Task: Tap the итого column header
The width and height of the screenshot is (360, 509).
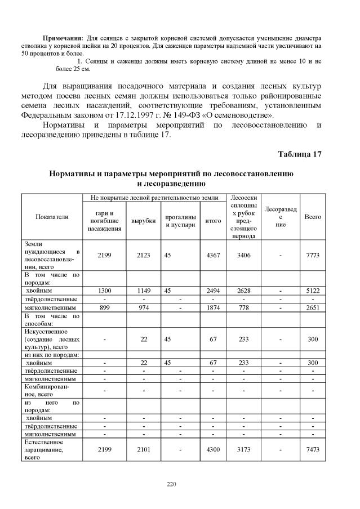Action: point(214,221)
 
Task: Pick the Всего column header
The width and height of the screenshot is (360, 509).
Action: point(313,217)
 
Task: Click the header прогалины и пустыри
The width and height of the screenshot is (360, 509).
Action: point(180,221)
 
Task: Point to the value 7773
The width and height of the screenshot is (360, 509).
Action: point(313,255)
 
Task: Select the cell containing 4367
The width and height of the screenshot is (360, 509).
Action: point(214,255)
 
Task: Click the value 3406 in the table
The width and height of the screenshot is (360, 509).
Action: point(245,255)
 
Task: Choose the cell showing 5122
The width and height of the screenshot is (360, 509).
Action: point(313,291)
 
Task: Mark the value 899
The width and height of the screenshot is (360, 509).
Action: point(105,307)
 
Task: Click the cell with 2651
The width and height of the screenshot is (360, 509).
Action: point(313,307)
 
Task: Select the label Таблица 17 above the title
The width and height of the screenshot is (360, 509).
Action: point(300,154)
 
